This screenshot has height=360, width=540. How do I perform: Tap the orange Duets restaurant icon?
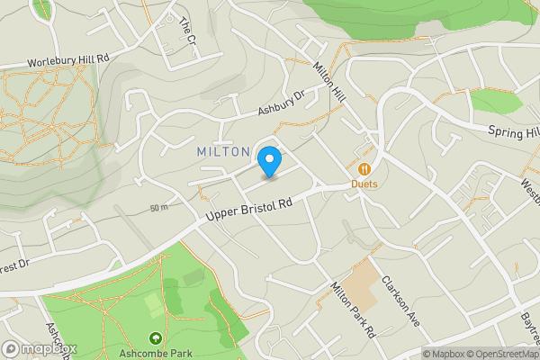364,168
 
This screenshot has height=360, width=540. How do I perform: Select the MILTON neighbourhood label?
223,152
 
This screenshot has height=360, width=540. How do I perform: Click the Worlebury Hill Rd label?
68,58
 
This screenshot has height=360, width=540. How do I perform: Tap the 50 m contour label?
159,208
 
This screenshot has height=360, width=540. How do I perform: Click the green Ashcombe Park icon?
156,339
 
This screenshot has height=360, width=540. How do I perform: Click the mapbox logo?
40,348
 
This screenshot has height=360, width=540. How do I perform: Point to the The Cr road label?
187,32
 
